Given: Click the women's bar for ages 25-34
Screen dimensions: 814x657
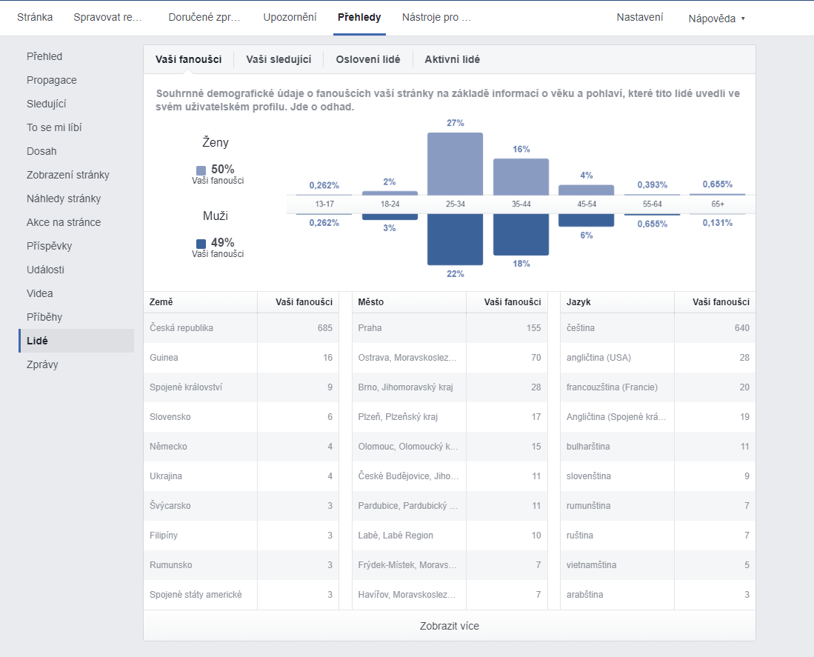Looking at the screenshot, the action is (x=456, y=164).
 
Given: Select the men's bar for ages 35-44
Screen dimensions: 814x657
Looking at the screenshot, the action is (x=521, y=235).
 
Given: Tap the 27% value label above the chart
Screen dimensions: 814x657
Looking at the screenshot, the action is (x=456, y=123).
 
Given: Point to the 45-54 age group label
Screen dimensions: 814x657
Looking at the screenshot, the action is (x=587, y=204).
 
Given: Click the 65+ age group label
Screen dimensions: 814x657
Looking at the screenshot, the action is (x=718, y=204).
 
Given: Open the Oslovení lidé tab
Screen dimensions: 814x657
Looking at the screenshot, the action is (x=368, y=60).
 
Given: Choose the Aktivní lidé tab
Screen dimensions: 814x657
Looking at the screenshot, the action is (x=452, y=60).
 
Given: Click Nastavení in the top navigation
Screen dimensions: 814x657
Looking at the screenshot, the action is (x=640, y=17).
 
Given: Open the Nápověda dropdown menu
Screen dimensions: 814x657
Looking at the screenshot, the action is (x=716, y=19).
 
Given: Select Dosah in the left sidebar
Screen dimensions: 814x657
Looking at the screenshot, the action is (x=41, y=151).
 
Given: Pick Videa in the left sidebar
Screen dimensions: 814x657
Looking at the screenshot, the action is (x=39, y=293).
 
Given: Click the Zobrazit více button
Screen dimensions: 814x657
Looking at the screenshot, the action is (x=450, y=626).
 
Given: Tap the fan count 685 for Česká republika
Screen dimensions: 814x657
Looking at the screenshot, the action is (x=325, y=328).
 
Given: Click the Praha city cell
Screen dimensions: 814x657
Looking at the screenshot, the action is (x=370, y=328).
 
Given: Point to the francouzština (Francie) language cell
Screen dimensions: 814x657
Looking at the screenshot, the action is (x=612, y=387).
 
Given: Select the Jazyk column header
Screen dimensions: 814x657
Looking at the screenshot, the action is (x=578, y=302).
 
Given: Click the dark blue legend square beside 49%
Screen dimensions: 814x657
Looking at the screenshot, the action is (x=201, y=244).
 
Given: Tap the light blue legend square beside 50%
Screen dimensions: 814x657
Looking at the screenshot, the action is (x=201, y=170).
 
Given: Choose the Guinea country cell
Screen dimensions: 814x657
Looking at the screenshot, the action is (x=164, y=358).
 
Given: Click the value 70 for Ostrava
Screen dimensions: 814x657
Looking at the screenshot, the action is (x=536, y=358).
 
